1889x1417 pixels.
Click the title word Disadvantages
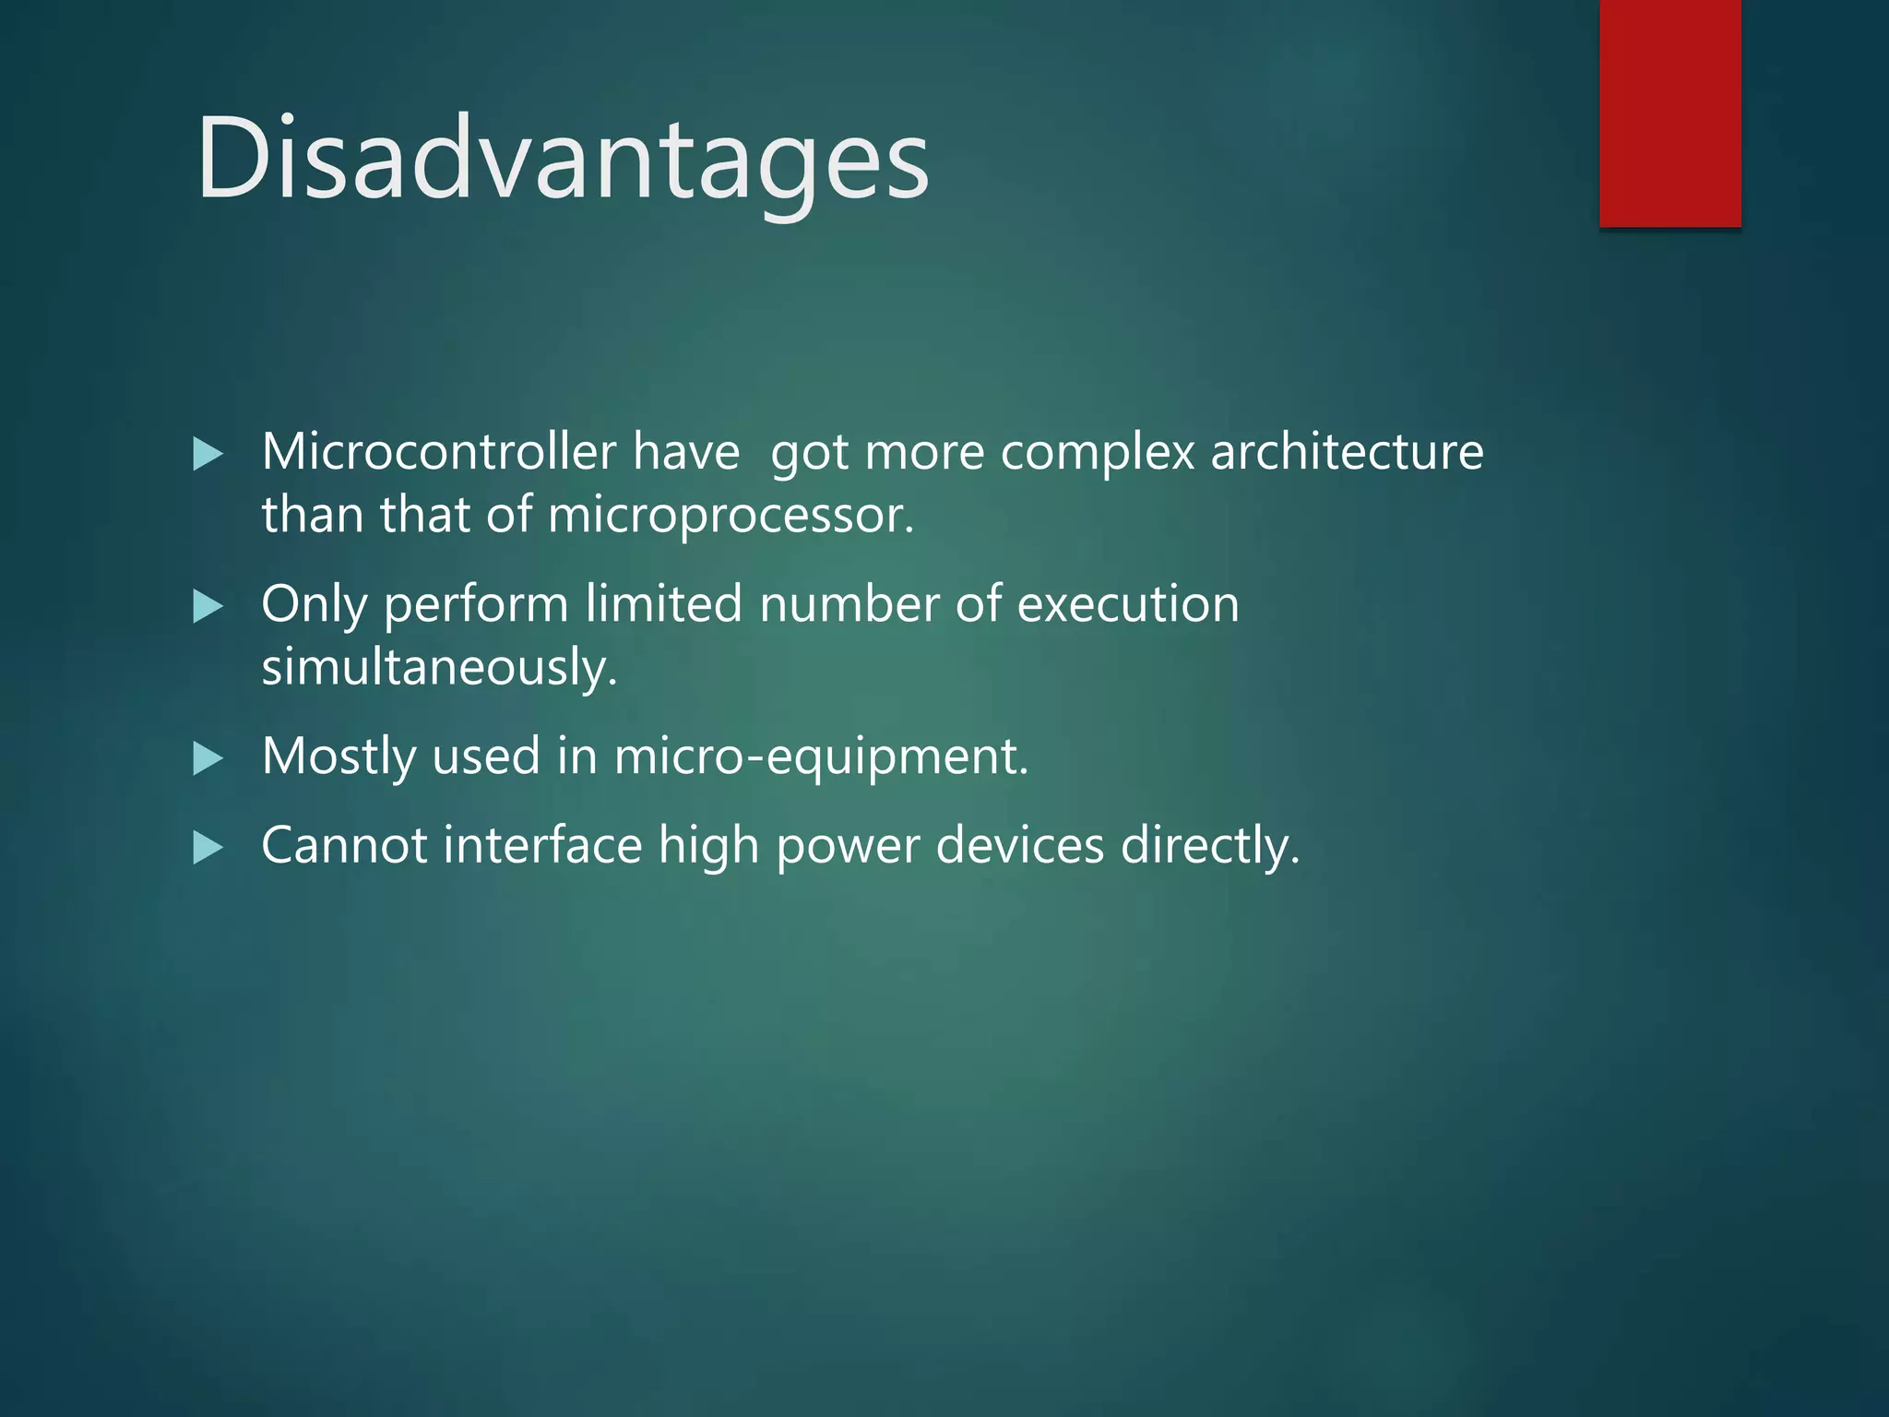(x=563, y=157)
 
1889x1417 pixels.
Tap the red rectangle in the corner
(x=1669, y=113)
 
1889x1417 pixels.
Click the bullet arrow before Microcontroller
(x=208, y=454)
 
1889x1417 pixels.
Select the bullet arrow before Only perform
(x=208, y=607)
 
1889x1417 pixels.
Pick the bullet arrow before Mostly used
(x=208, y=759)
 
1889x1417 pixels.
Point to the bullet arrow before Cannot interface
(x=208, y=848)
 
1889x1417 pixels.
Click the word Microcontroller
(x=438, y=452)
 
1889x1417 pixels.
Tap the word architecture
(x=1347, y=452)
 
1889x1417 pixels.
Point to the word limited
(x=663, y=604)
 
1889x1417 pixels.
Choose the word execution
(x=1128, y=605)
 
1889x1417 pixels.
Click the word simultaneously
(x=439, y=666)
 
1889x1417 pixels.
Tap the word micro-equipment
(x=821, y=757)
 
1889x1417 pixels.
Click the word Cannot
(x=344, y=845)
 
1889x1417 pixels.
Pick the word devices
(x=1020, y=845)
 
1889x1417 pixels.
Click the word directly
(x=1209, y=847)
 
